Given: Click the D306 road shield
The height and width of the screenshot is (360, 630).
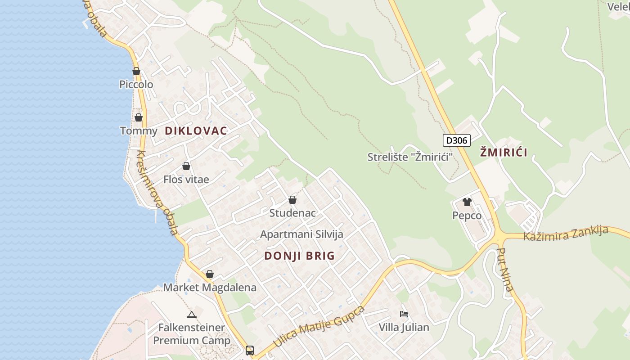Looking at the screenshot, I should pos(457,140).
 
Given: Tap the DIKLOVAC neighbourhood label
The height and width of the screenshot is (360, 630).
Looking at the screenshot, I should pos(196,131).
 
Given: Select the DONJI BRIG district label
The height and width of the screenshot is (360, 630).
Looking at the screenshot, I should pos(299,256).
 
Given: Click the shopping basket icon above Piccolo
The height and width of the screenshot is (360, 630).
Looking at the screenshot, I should pos(136,71).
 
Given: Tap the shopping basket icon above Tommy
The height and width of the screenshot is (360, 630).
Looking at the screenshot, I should pos(139,117).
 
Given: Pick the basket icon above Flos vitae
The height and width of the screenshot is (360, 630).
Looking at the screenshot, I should pos(186,166).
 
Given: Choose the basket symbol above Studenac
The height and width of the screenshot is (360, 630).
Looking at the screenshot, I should pos(292,200).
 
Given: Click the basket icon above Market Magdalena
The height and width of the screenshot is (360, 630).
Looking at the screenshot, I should pos(210,274).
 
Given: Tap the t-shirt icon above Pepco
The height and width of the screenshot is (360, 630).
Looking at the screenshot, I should pos(467,202).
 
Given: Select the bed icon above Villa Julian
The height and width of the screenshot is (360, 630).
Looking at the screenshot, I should pos(404,314).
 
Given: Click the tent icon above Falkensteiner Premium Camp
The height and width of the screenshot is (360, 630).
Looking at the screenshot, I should pos(192,315).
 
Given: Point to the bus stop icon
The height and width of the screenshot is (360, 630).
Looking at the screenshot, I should pos(249,350).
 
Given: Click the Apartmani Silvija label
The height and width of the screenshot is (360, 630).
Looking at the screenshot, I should pos(301,234).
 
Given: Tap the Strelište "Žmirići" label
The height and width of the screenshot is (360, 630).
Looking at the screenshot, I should pos(409,157).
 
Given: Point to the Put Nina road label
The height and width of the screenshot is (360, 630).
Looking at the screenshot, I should pos(505,269).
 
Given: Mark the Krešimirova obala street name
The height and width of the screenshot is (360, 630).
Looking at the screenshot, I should pos(157,192).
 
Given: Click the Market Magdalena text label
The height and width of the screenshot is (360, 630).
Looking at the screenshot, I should pos(210,288).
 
